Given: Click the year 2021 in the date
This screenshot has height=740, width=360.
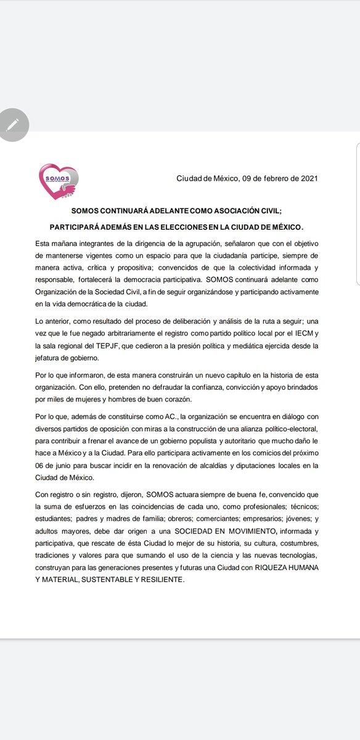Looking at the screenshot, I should click(308, 179).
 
